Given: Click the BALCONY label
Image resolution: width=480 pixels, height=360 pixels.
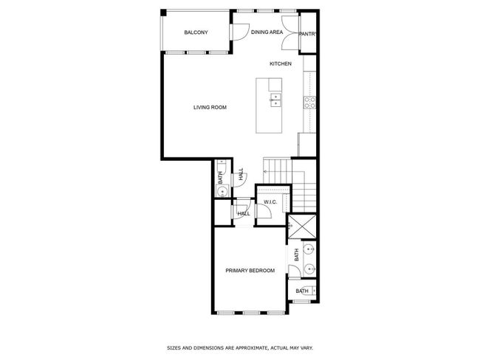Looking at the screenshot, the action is click(x=196, y=32).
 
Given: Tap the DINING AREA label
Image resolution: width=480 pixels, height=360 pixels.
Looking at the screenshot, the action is click(x=267, y=32).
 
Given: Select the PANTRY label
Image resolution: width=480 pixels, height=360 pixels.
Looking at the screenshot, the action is click(x=307, y=34).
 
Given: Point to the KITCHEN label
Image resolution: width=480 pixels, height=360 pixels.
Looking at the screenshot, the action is click(x=281, y=63).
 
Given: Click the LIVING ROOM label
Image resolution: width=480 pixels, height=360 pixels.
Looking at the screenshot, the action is click(x=210, y=108).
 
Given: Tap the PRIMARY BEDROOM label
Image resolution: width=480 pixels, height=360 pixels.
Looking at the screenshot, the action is click(x=250, y=271).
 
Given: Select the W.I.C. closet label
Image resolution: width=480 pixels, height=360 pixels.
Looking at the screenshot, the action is click(x=270, y=202).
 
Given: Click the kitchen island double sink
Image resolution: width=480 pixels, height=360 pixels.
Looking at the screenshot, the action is click(x=276, y=100).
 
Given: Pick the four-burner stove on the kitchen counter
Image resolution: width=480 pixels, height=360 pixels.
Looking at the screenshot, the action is click(x=309, y=103).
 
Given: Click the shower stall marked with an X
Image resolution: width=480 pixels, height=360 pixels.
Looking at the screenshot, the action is click(x=303, y=226).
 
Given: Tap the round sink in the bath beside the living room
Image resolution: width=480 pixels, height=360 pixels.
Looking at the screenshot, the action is click(x=222, y=192).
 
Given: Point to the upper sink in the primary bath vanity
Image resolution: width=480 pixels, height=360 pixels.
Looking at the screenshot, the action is click(x=309, y=249).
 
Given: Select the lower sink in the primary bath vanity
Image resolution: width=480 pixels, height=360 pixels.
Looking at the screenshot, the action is click(x=309, y=269).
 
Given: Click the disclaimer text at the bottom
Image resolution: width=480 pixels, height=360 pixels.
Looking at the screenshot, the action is click(x=240, y=347).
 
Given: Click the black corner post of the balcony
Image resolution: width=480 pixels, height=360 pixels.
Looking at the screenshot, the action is click(x=163, y=13).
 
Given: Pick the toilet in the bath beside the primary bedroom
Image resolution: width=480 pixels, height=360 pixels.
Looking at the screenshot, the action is click(x=312, y=291).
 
